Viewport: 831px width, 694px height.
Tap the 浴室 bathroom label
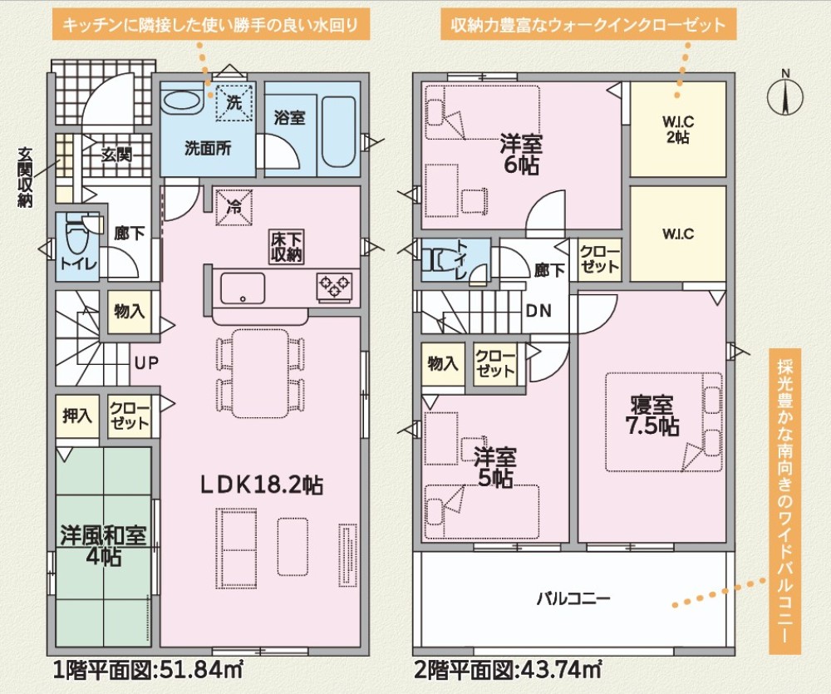point(289,117)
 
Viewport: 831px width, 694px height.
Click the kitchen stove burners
point(334,286)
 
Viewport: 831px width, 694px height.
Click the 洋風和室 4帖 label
point(103,545)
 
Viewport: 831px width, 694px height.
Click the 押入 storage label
point(76,415)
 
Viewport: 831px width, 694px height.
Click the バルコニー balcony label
point(573,598)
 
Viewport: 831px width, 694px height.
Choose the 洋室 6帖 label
point(520,154)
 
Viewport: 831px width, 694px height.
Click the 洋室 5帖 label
point(495,467)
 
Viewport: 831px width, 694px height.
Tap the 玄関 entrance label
point(116,154)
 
